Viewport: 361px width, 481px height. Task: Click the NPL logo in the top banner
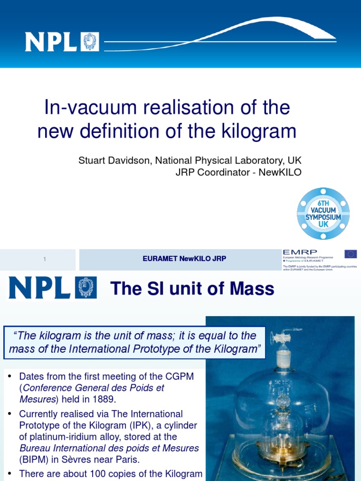pyautogui.click(x=62, y=42)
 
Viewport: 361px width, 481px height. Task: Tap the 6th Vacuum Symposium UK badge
pyautogui.click(x=323, y=213)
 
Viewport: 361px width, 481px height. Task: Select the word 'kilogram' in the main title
pyautogui.click(x=259, y=131)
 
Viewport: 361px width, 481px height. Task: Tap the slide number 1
pyautogui.click(x=44, y=259)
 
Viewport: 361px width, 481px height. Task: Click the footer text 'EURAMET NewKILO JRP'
pyautogui.click(x=184, y=259)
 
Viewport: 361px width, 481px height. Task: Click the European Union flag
pyautogui.click(x=350, y=254)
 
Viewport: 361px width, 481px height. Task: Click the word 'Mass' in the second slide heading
pyautogui.click(x=254, y=289)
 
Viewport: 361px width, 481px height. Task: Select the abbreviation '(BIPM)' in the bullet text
pyautogui.click(x=34, y=459)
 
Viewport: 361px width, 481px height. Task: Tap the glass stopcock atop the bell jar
pyautogui.click(x=281, y=337)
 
